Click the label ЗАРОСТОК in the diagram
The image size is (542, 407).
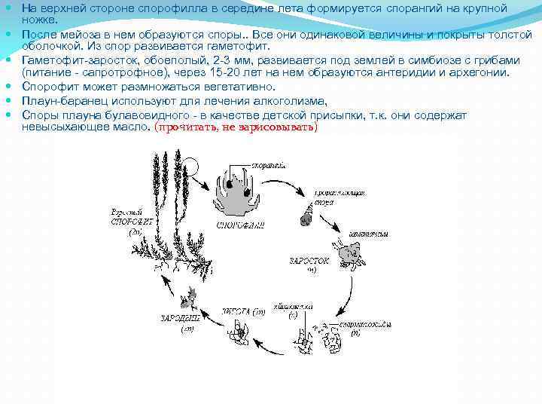tap(309, 260)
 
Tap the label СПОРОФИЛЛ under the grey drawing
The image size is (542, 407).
tap(240, 224)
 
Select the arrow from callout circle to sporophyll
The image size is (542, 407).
tap(208, 184)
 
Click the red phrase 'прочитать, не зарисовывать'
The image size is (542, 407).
tap(236, 127)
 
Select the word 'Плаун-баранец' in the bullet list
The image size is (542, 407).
tap(58, 100)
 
